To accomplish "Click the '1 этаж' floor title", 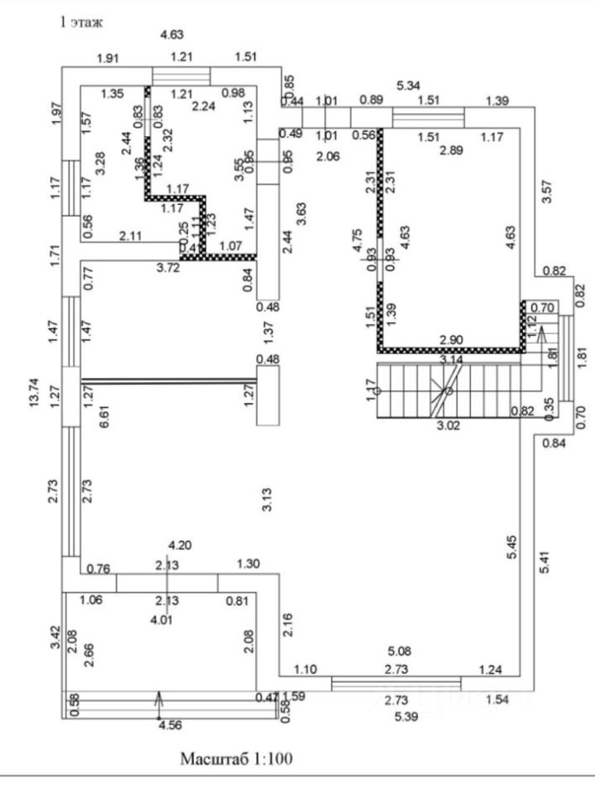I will (x=80, y=23).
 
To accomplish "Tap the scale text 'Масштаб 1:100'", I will (x=237, y=759).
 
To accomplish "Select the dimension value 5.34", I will (x=408, y=85).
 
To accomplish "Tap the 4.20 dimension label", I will (x=181, y=544).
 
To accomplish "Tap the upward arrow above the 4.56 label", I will (x=160, y=699).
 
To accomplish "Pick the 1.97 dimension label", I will (x=58, y=113).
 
